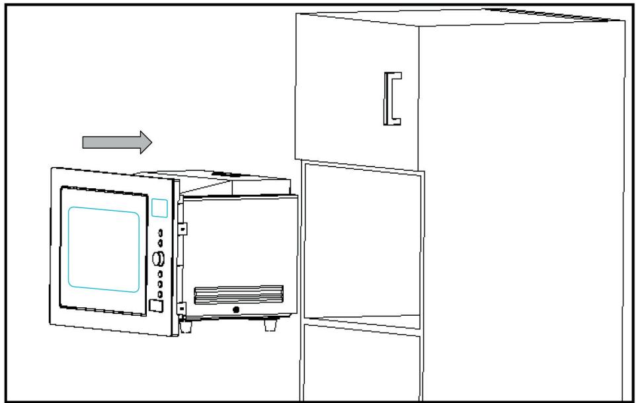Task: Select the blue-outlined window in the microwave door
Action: [104, 248]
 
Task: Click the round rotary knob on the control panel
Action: [159, 258]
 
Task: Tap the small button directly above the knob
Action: [159, 243]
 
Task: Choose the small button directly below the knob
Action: [159, 273]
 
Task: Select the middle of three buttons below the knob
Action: [159, 283]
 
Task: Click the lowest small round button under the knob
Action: [159, 293]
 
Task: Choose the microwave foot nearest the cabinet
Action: [270, 325]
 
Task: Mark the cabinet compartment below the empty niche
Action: [362, 367]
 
